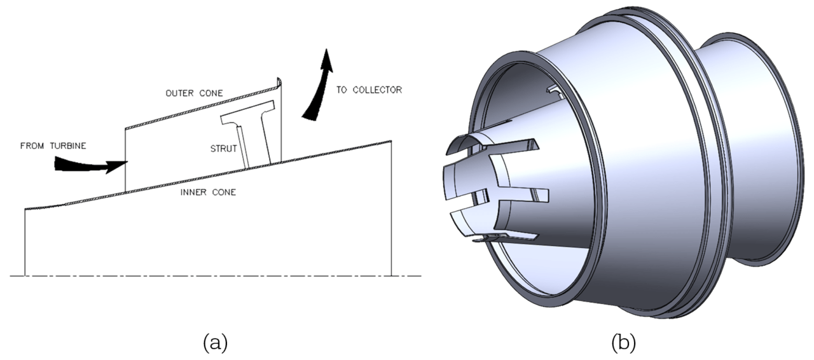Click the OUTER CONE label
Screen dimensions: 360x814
click(x=194, y=93)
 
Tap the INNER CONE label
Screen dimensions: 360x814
click(x=209, y=191)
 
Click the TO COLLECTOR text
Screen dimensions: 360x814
click(x=369, y=90)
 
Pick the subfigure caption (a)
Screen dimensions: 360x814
click(x=215, y=343)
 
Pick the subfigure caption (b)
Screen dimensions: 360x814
click(x=623, y=343)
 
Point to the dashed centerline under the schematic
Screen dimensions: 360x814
click(x=216, y=276)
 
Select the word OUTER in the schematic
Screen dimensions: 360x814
click(x=179, y=93)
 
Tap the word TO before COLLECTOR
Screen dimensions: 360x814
click(x=341, y=90)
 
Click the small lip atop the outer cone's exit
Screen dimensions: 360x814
click(x=279, y=82)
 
